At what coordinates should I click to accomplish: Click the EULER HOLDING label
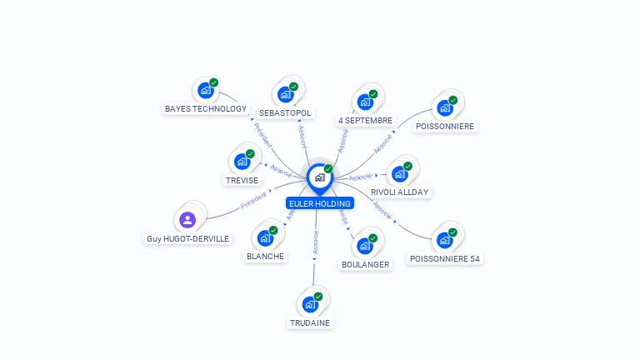point(320,203)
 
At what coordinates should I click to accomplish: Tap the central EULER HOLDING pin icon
point(319,177)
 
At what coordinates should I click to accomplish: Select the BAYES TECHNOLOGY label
point(206,108)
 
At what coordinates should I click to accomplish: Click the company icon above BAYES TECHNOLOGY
point(205,90)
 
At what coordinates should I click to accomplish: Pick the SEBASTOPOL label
point(285,112)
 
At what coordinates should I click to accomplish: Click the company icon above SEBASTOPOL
point(285,94)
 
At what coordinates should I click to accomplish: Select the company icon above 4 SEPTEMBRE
point(364,102)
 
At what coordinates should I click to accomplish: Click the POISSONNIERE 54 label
point(445,258)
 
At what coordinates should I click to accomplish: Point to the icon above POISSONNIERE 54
point(445,240)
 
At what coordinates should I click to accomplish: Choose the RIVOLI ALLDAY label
point(400,192)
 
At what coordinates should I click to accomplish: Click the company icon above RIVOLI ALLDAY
point(400,173)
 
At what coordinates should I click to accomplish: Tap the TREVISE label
point(242,180)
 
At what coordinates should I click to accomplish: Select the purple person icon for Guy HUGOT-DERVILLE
point(187,220)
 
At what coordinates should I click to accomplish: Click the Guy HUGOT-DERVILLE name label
point(187,238)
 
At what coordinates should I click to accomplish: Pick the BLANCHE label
point(265,256)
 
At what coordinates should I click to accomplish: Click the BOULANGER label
point(365,264)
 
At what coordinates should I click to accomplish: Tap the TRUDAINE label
point(310,322)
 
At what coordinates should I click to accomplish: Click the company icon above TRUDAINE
point(310,304)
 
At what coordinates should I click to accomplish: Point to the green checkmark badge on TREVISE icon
point(250,154)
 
